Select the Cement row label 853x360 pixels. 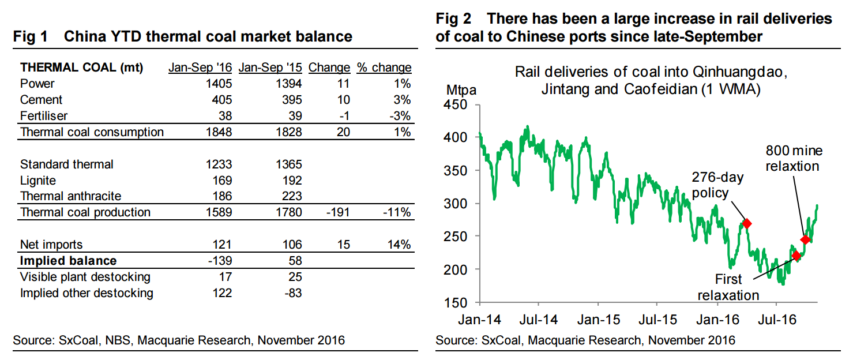click(x=41, y=100)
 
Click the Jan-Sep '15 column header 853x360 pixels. click(x=270, y=67)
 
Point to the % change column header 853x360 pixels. click(x=384, y=67)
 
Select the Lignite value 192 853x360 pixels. click(x=290, y=181)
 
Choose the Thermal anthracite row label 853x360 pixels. click(x=70, y=197)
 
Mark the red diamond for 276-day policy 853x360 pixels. click(x=747, y=224)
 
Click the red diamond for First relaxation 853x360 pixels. click(x=796, y=256)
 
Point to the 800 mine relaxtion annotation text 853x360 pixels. click(x=794, y=159)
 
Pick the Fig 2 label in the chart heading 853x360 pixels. click(x=453, y=20)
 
